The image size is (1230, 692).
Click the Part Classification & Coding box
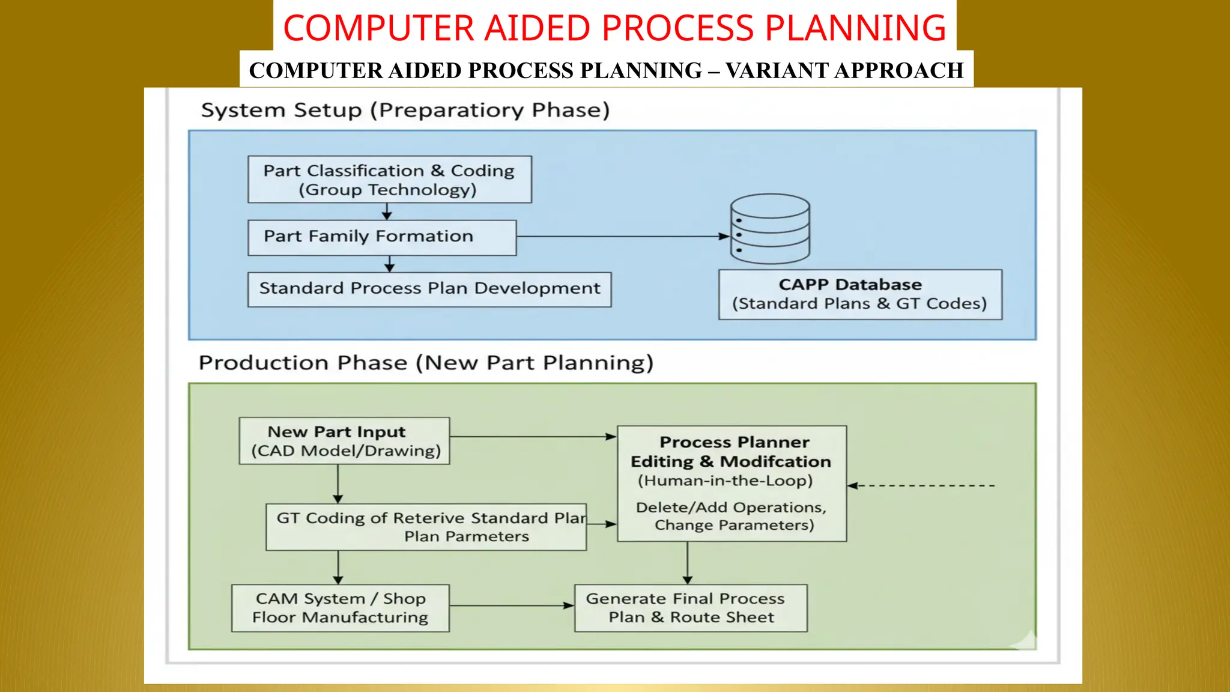pyautogui.click(x=389, y=180)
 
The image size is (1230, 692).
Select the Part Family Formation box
pyautogui.click(x=382, y=237)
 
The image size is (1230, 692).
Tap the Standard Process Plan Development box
pyautogui.click(x=429, y=289)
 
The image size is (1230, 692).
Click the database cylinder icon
pyautogui.click(x=770, y=229)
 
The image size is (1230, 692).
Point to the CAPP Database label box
pyautogui.click(x=860, y=294)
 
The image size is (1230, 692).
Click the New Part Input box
pyautogui.click(x=344, y=441)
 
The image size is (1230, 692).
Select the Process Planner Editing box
pyautogui.click(x=732, y=484)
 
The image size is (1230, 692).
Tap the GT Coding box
pyautogui.click(x=426, y=527)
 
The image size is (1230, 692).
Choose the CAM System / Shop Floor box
pyautogui.click(x=340, y=608)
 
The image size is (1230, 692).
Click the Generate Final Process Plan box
pyautogui.click(x=691, y=608)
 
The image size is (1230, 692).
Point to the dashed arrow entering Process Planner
pyautogui.click(x=922, y=485)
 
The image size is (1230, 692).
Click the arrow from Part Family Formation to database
pyautogui.click(x=622, y=237)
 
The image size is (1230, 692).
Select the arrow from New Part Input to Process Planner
pyautogui.click(x=533, y=437)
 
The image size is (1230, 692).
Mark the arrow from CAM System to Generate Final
pyautogui.click(x=511, y=605)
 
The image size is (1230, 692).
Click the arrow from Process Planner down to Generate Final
pyautogui.click(x=688, y=563)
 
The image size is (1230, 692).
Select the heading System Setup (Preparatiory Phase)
pyautogui.click(x=405, y=111)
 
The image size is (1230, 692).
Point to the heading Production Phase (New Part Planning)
pyautogui.click(x=426, y=363)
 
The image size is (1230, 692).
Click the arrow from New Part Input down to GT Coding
pyautogui.click(x=338, y=484)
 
